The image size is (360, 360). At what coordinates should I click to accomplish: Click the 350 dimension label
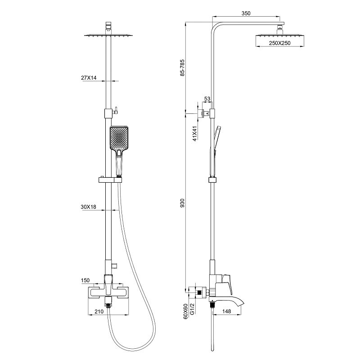[x=246, y=13]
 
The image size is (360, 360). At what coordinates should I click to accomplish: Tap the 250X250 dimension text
[x=280, y=43]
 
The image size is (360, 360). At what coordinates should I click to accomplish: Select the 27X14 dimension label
[x=89, y=77]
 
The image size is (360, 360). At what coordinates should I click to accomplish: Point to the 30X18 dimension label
[x=88, y=207]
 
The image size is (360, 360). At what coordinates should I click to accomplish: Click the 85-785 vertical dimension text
[x=182, y=68]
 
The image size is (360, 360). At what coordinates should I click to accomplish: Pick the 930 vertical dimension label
[x=182, y=203]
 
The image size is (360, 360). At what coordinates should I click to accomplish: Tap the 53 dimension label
[x=207, y=99]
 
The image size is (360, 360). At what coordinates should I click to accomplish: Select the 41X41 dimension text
[x=195, y=133]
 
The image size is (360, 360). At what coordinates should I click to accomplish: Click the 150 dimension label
[x=85, y=280]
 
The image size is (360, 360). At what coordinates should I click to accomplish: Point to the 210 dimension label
[x=99, y=311]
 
